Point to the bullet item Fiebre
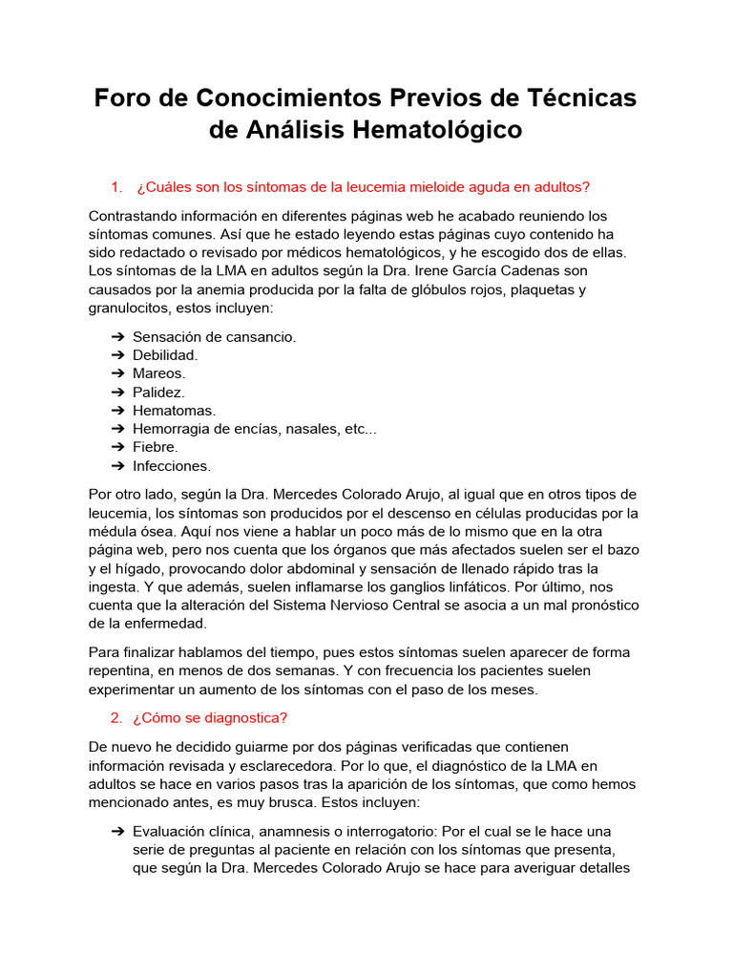tap(156, 447)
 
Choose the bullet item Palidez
tap(158, 392)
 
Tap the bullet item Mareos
tap(158, 373)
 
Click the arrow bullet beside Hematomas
tap(117, 411)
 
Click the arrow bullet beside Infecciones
tap(117, 466)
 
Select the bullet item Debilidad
tap(165, 355)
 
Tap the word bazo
tap(622, 550)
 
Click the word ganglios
tap(368, 586)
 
